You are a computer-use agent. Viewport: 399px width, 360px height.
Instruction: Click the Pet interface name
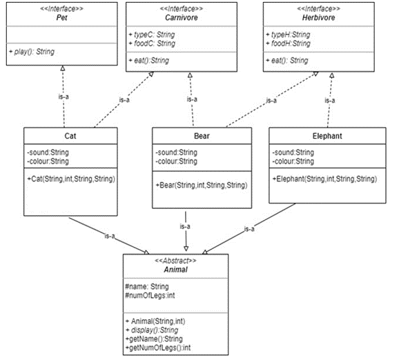coord(62,17)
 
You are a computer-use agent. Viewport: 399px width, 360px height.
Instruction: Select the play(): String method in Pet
coord(32,52)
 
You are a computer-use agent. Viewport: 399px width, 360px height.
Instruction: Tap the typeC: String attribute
coord(152,34)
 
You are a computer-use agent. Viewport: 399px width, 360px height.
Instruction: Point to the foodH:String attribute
coord(289,43)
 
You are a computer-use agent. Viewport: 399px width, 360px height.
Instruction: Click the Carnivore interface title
coord(182,17)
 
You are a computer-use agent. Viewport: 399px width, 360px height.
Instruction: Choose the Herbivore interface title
coord(319,17)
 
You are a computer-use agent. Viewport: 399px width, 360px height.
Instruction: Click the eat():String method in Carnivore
coord(149,61)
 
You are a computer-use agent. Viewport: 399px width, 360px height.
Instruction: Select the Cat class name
coord(70,136)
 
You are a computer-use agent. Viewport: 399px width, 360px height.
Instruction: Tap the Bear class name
coord(202,136)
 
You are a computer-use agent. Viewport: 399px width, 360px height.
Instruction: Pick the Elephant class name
coord(327,136)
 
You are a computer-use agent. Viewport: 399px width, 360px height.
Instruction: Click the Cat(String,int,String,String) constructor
coord(71,179)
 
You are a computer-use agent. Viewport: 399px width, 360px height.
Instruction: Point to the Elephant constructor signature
coord(324,179)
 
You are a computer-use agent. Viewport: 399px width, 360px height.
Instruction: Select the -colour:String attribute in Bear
coord(176,161)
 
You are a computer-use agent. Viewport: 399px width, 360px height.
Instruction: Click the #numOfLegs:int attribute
coord(150,295)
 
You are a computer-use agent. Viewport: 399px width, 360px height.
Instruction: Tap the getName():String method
coord(154,339)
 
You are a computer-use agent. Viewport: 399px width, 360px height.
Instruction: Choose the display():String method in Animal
coord(152,330)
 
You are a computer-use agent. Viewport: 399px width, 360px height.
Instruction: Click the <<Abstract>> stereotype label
coord(175,261)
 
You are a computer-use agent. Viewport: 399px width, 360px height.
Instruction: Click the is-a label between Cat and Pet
coord(64,97)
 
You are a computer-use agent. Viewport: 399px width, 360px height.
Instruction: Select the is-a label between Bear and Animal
coord(185,226)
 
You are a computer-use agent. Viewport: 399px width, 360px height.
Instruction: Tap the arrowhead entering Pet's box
coord(63,68)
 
